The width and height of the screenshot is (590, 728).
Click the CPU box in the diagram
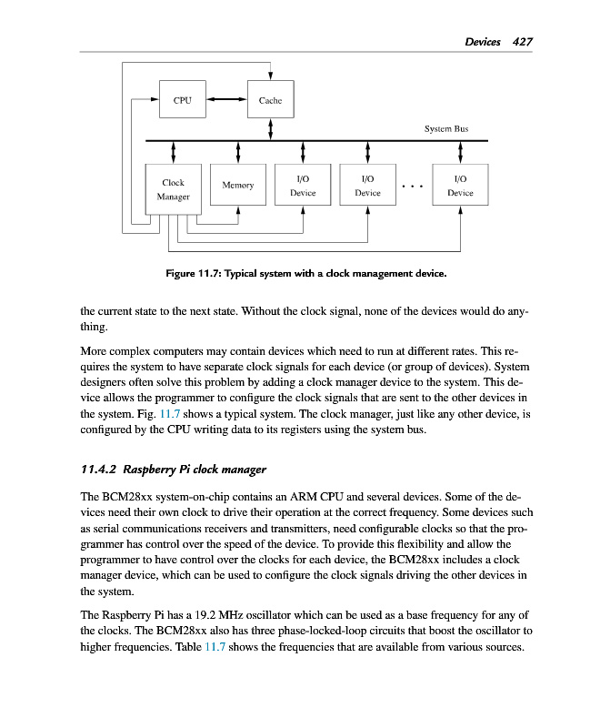(182, 99)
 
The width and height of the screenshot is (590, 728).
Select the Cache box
(271, 99)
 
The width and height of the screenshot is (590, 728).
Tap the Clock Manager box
(174, 189)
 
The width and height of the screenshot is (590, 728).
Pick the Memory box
(238, 186)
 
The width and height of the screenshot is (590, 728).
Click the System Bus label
(446, 129)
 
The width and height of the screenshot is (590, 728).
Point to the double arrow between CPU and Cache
(226, 99)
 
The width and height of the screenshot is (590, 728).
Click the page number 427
(522, 42)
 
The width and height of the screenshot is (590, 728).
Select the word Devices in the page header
(483, 42)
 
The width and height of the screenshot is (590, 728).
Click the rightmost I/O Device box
(460, 187)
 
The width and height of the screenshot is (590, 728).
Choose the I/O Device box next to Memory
(303, 187)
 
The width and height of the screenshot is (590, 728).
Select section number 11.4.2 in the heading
(98, 470)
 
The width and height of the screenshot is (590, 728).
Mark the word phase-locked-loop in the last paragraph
(308, 630)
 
